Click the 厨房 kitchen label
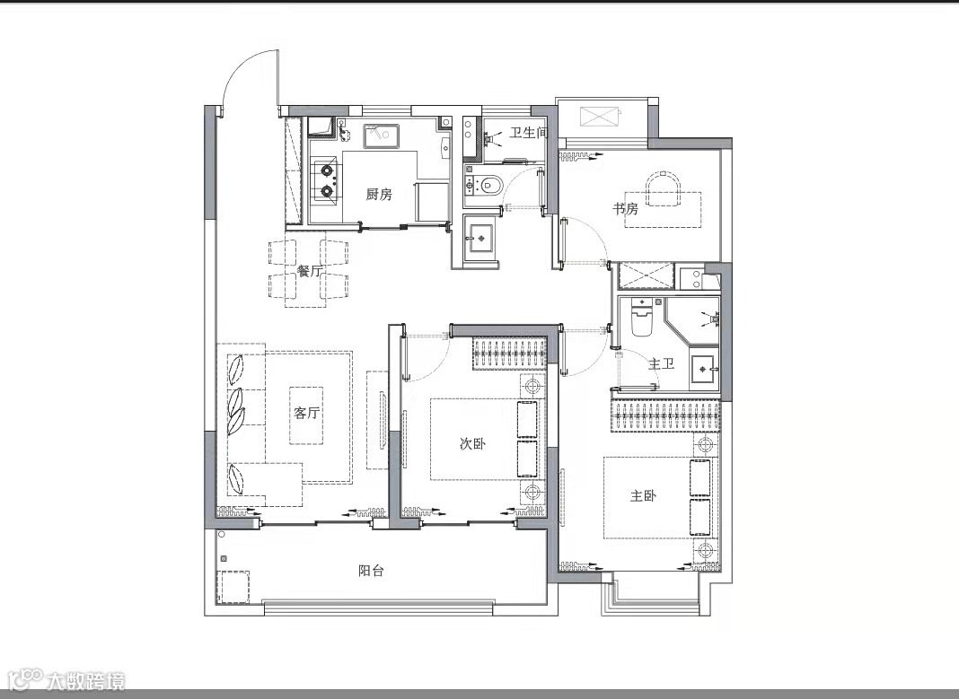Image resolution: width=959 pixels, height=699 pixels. (x=379, y=195)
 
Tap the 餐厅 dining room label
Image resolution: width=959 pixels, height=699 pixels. (x=310, y=271)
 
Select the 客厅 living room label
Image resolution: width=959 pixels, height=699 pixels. (x=306, y=413)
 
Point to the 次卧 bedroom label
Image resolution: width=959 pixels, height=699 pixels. (x=473, y=443)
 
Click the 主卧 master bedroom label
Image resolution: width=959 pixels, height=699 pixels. (x=644, y=495)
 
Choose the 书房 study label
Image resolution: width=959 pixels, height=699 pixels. (x=625, y=209)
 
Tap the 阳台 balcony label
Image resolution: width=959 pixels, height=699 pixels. (x=371, y=571)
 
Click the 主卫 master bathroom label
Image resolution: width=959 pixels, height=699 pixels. (x=661, y=363)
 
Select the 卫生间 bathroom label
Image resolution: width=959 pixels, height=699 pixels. (x=528, y=132)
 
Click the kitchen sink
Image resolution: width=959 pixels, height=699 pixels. (x=382, y=135)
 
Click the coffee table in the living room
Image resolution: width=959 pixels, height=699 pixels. (x=306, y=415)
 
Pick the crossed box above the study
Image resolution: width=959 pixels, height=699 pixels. (x=600, y=117)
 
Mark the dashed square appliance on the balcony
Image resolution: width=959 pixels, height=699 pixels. (x=234, y=587)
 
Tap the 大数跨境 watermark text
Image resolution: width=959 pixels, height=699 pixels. (x=85, y=679)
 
